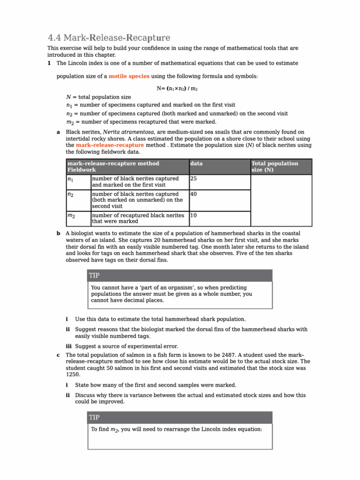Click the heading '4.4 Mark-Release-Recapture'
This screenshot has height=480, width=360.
(x=109, y=37)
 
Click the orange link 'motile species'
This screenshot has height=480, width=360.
(x=129, y=76)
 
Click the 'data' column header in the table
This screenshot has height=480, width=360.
(x=196, y=164)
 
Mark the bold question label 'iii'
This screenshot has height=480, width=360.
(x=69, y=346)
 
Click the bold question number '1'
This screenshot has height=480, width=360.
(x=50, y=63)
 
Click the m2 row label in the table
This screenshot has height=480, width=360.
(x=71, y=216)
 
